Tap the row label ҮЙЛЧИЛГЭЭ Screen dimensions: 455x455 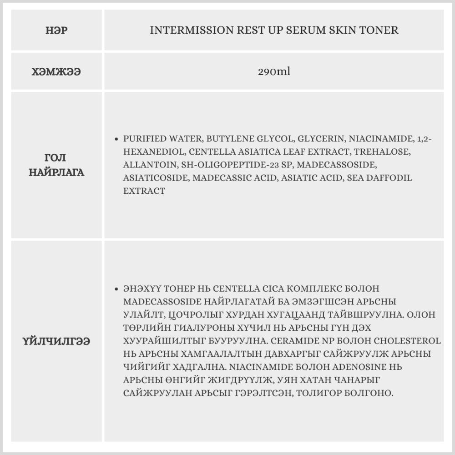[56, 341]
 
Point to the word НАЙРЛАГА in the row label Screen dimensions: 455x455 [56, 173]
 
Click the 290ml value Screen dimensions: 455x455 [274, 71]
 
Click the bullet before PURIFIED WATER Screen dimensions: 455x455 [117, 139]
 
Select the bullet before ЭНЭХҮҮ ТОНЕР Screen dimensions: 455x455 [117, 289]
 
